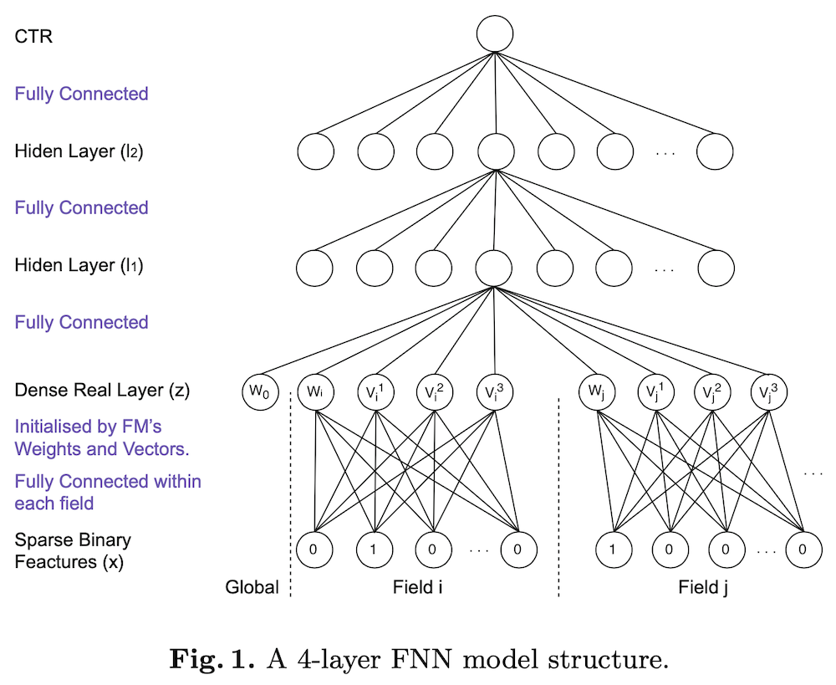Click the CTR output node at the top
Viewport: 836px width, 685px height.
coord(495,36)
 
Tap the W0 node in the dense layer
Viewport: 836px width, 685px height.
coord(259,391)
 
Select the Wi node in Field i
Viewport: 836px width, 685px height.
coord(315,391)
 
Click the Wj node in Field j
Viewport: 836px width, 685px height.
coord(597,391)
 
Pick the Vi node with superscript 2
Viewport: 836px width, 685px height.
coord(435,391)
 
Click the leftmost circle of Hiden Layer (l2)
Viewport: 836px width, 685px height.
coord(316,152)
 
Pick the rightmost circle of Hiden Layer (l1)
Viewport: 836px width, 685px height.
coord(716,267)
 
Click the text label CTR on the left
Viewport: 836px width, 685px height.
coord(33,37)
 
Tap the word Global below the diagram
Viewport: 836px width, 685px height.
coord(252,587)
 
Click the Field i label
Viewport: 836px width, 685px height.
coord(417,587)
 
